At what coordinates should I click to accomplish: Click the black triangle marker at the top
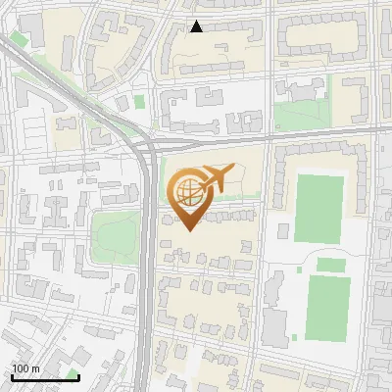point(197,26)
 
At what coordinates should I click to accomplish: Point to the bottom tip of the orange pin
point(187,229)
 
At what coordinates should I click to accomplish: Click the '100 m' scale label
point(25,368)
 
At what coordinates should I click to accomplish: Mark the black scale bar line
point(45,377)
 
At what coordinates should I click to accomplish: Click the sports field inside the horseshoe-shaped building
point(319,207)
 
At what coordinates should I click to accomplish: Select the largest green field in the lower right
point(327,308)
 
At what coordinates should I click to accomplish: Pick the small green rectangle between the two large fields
point(330,264)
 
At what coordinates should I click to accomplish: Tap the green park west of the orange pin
point(118,232)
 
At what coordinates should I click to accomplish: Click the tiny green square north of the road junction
point(139,101)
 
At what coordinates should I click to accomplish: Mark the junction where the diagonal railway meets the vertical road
point(148,147)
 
